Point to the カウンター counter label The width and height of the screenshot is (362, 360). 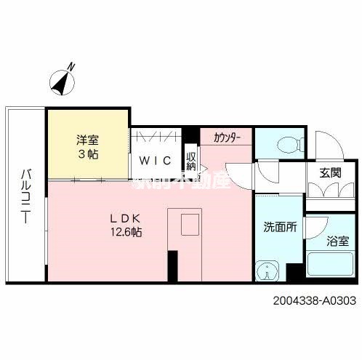pyautogui.click(x=228, y=137)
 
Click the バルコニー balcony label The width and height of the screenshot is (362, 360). pyautogui.click(x=25, y=196)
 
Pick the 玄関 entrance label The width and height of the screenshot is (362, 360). pyautogui.click(x=330, y=172)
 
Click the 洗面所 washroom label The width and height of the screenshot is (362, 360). pyautogui.click(x=280, y=226)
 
